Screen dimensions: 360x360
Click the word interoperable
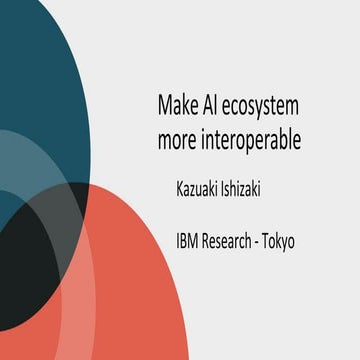click(x=252, y=142)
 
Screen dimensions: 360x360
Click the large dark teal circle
click(x=50, y=70)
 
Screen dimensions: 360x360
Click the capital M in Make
click(x=164, y=105)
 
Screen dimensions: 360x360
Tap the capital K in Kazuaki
click(x=180, y=190)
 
